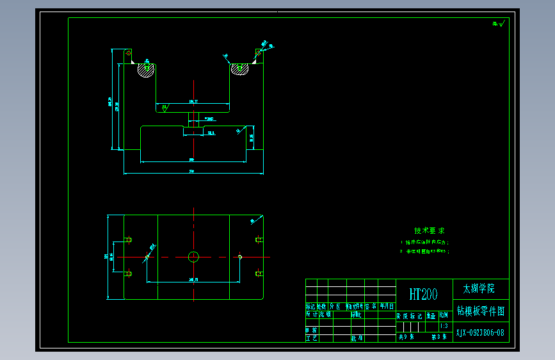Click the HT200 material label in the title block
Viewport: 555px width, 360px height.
coord(424,294)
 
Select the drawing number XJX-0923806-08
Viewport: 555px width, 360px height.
coord(480,332)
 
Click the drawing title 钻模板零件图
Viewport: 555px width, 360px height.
coord(481,311)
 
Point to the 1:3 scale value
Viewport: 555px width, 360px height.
coord(444,325)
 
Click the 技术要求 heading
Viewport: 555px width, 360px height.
coord(429,231)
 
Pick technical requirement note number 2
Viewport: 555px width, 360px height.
coord(425,252)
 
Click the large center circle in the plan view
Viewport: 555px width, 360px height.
coord(193,257)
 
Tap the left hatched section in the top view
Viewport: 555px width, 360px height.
coord(146,70)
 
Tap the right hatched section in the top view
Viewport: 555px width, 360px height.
coord(241,69)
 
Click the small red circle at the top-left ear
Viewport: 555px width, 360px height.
coord(128,53)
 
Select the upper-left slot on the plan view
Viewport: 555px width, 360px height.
coord(127,240)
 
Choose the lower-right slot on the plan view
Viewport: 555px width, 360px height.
coord(259,274)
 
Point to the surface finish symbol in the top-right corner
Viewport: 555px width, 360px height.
coord(499,24)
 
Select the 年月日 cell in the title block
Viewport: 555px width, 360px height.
coord(387,307)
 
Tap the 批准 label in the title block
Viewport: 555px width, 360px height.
coord(357,338)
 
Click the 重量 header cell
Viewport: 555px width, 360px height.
coord(431,316)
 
